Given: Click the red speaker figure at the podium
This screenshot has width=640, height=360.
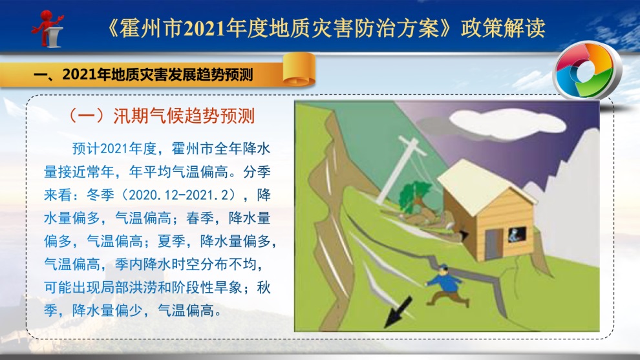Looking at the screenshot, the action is pyautogui.click(x=48, y=28).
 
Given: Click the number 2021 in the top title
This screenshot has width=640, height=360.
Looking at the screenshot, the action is pyautogui.click(x=204, y=28).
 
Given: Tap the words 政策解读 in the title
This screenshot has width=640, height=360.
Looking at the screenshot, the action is pyautogui.click(x=503, y=28).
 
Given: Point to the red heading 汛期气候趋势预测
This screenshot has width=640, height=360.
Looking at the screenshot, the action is pyautogui.click(x=184, y=116).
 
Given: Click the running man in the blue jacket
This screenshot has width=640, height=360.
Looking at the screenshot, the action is pyautogui.click(x=447, y=286).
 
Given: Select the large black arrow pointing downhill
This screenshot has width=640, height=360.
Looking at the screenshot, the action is pyautogui.click(x=398, y=312).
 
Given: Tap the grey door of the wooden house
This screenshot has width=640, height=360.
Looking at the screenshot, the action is pyautogui.click(x=494, y=244).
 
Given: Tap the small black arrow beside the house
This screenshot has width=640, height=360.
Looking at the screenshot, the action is pyautogui.click(x=464, y=235).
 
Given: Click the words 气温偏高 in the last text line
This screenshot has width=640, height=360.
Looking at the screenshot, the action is pyautogui.click(x=186, y=311).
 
